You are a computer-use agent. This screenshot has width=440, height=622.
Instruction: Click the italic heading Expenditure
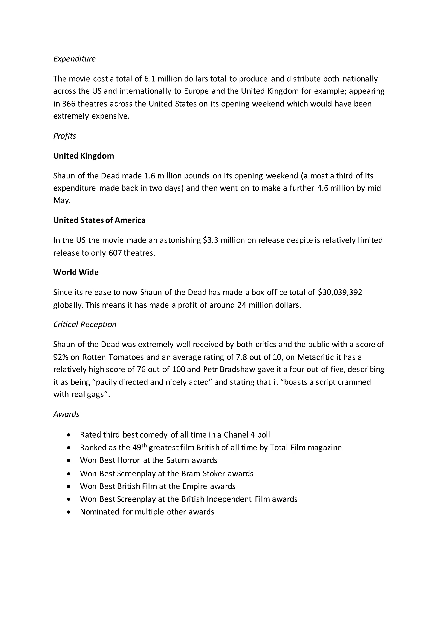pos(74,59)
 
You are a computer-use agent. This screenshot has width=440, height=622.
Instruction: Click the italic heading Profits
pos(64,136)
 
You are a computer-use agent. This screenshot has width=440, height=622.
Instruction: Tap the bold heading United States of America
pos(99,220)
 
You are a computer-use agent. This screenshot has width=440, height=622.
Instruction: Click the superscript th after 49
pos(144,446)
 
